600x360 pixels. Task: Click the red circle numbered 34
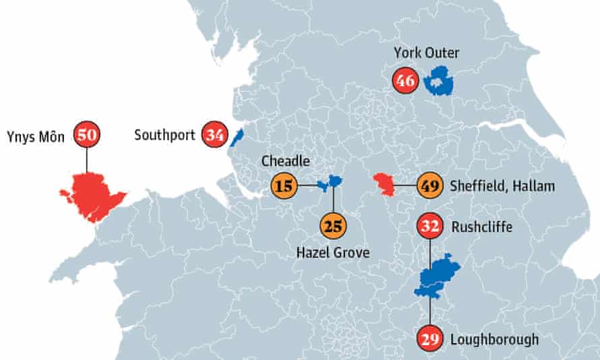click(x=215, y=135)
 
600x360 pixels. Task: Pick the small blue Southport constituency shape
click(x=236, y=138)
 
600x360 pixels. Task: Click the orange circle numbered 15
click(x=284, y=185)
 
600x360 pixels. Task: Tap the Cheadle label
click(x=287, y=162)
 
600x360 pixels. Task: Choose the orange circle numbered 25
click(x=332, y=225)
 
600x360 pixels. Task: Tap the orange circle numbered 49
click(x=429, y=185)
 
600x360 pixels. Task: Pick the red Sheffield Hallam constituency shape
click(x=384, y=183)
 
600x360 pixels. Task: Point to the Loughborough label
click(x=494, y=339)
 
